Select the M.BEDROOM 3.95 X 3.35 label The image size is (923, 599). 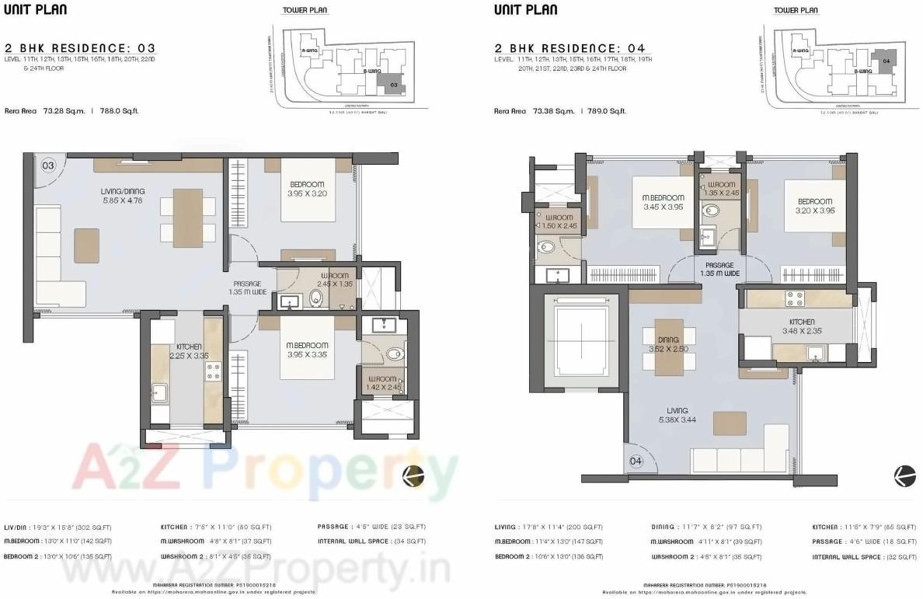tap(308, 350)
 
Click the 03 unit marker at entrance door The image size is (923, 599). tap(48, 165)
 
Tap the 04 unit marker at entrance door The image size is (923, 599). tap(636, 461)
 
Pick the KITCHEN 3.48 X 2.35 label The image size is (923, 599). tap(802, 326)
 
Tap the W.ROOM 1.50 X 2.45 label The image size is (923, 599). tap(559, 221)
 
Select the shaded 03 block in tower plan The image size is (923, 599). tap(393, 84)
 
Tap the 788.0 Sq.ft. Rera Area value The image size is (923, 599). tap(117, 111)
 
